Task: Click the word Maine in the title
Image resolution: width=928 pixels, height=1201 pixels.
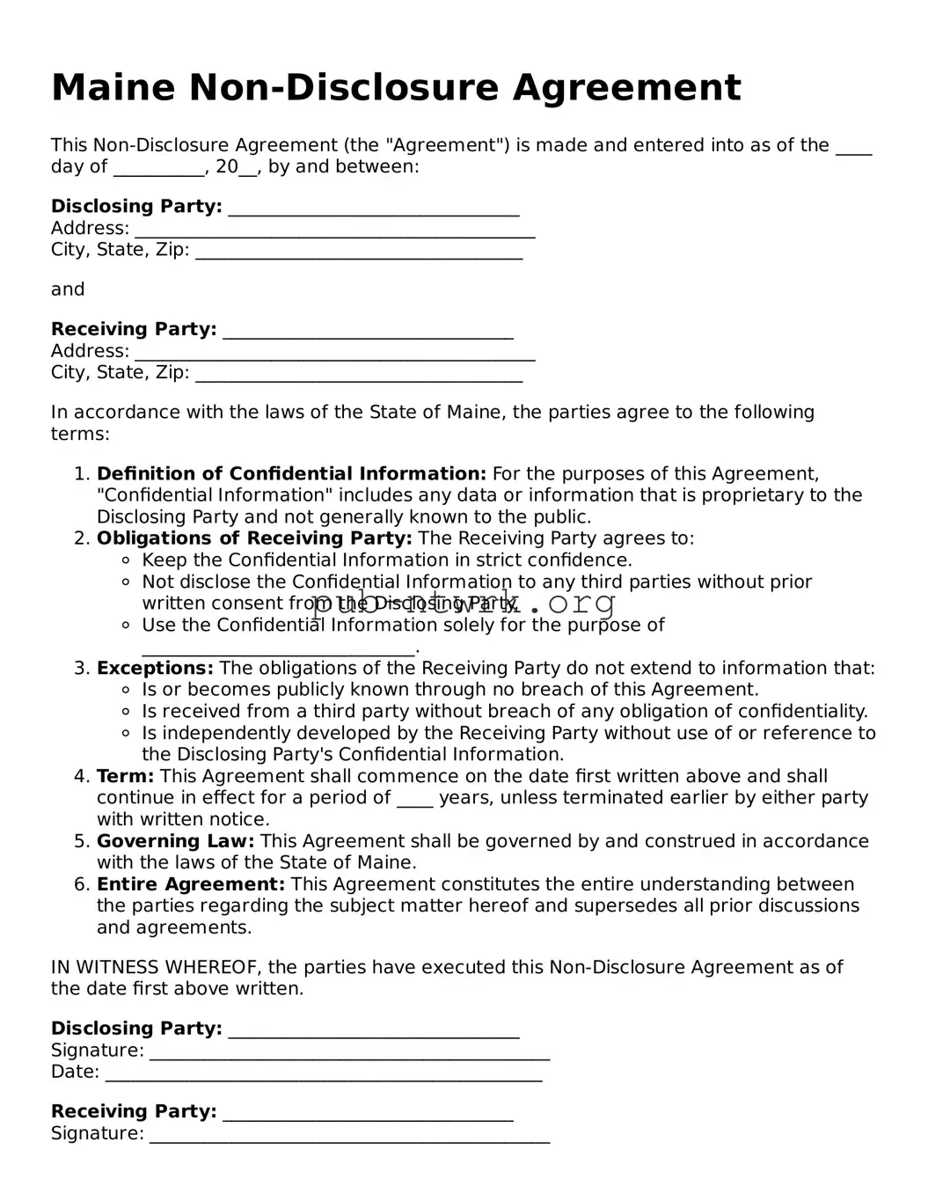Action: tap(113, 88)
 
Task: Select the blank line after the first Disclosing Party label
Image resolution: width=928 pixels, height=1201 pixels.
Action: tap(374, 211)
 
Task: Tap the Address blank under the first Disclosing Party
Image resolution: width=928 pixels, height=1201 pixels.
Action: tap(334, 233)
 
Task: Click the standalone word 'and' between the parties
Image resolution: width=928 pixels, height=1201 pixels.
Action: tap(68, 289)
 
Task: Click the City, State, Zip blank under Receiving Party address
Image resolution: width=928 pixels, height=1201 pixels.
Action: tap(359, 377)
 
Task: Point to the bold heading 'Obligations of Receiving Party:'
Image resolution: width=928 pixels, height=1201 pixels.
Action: tap(254, 538)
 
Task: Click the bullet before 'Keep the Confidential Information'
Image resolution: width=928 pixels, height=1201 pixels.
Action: tap(126, 560)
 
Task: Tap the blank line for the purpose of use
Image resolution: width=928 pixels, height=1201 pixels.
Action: tap(278, 651)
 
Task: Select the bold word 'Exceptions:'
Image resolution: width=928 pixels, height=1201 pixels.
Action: tap(155, 669)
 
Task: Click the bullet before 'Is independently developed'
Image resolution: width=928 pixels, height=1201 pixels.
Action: tap(126, 734)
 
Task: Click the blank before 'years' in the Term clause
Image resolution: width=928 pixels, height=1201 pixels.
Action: tap(414, 802)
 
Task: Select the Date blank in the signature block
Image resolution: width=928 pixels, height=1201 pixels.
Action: tap(323, 1077)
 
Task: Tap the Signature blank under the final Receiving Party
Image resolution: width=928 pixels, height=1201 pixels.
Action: tap(349, 1139)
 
